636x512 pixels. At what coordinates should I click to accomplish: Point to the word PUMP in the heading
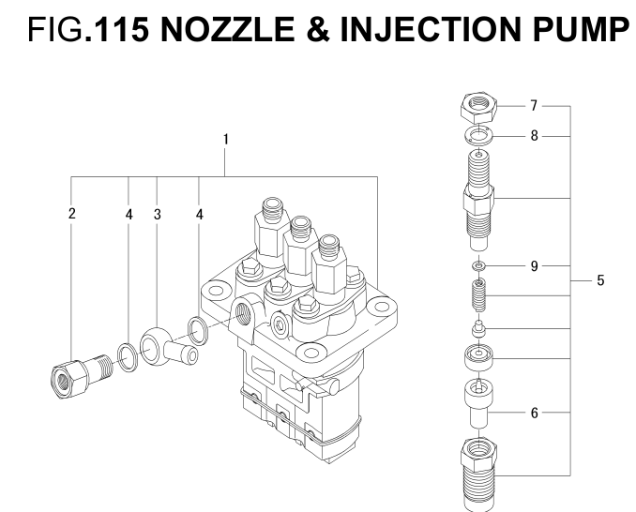572,30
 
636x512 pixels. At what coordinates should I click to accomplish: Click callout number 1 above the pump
226,140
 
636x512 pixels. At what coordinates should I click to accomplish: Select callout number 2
72,215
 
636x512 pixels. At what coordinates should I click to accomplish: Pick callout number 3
158,215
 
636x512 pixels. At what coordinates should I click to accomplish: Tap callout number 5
600,279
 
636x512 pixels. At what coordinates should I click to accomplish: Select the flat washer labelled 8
478,137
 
